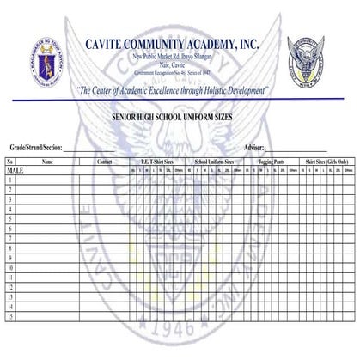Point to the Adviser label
click(254, 148)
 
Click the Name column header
click(47, 162)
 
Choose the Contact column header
click(105, 162)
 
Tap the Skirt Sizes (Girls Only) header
click(326, 162)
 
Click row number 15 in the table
click(9, 317)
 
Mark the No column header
click(9, 162)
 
